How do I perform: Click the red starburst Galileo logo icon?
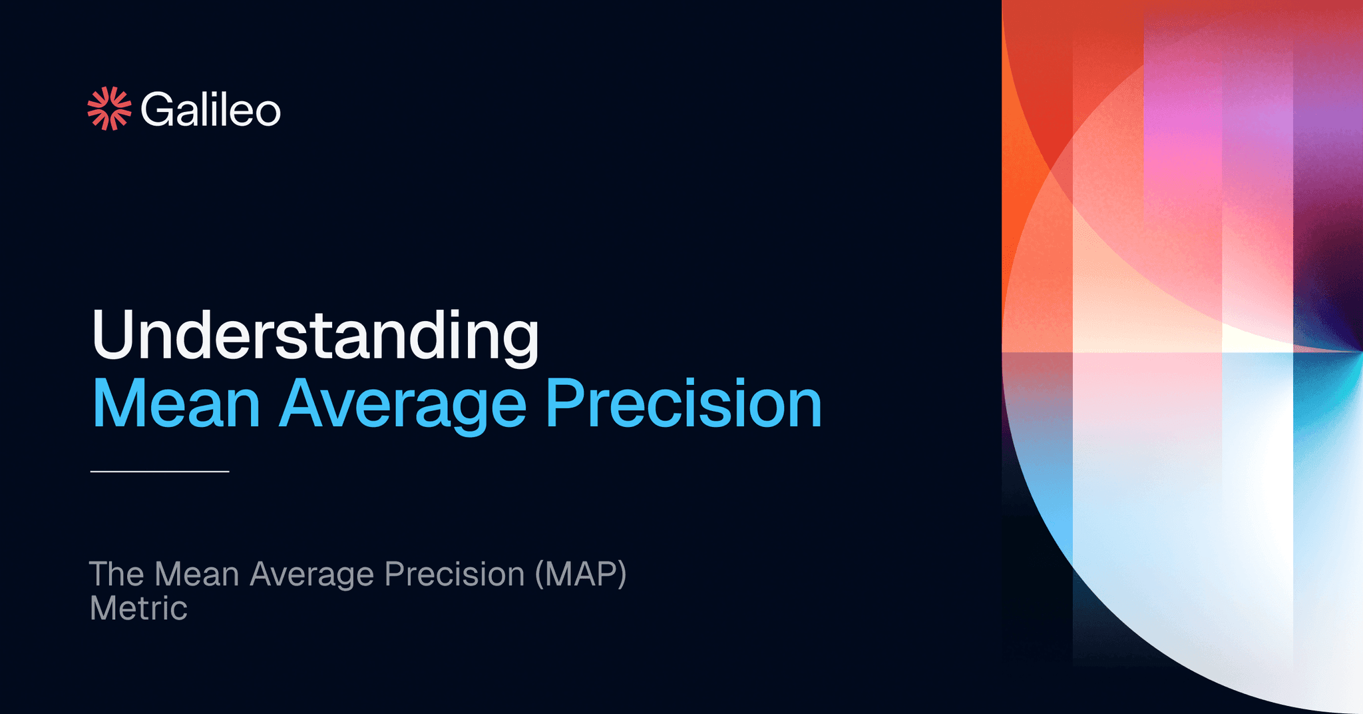coord(109,109)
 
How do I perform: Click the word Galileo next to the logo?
coord(210,110)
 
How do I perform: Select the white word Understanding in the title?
coord(315,336)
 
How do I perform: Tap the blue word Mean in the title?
coord(176,404)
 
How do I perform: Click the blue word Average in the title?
coord(403,404)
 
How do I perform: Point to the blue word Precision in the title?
coord(683,404)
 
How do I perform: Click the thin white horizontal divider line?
coord(160,472)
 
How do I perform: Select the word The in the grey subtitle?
coord(116,574)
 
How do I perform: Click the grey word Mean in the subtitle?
coord(196,574)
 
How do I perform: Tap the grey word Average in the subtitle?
coord(311,574)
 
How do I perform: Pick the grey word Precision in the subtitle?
coord(455,574)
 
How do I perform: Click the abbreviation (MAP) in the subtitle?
coord(581,574)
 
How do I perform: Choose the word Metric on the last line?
coord(138,609)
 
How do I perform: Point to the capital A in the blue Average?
coord(303,404)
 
